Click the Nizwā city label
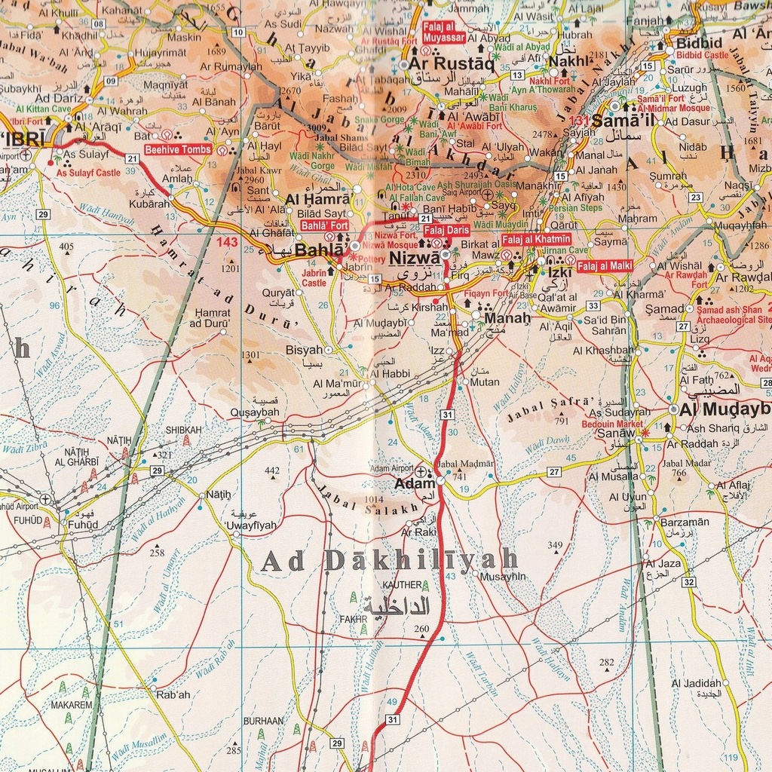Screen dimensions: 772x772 point(414,258)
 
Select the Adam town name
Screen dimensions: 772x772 point(415,484)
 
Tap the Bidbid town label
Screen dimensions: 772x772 point(699,42)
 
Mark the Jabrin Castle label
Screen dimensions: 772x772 point(314,278)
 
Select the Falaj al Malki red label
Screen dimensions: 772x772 point(605,265)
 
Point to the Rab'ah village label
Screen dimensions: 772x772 point(173,694)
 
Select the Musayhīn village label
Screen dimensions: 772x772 point(503,576)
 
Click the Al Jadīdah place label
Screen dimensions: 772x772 point(696,683)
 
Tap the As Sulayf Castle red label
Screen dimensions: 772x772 point(88,173)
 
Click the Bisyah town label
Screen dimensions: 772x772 point(304,351)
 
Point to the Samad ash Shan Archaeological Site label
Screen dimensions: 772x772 point(732,314)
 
